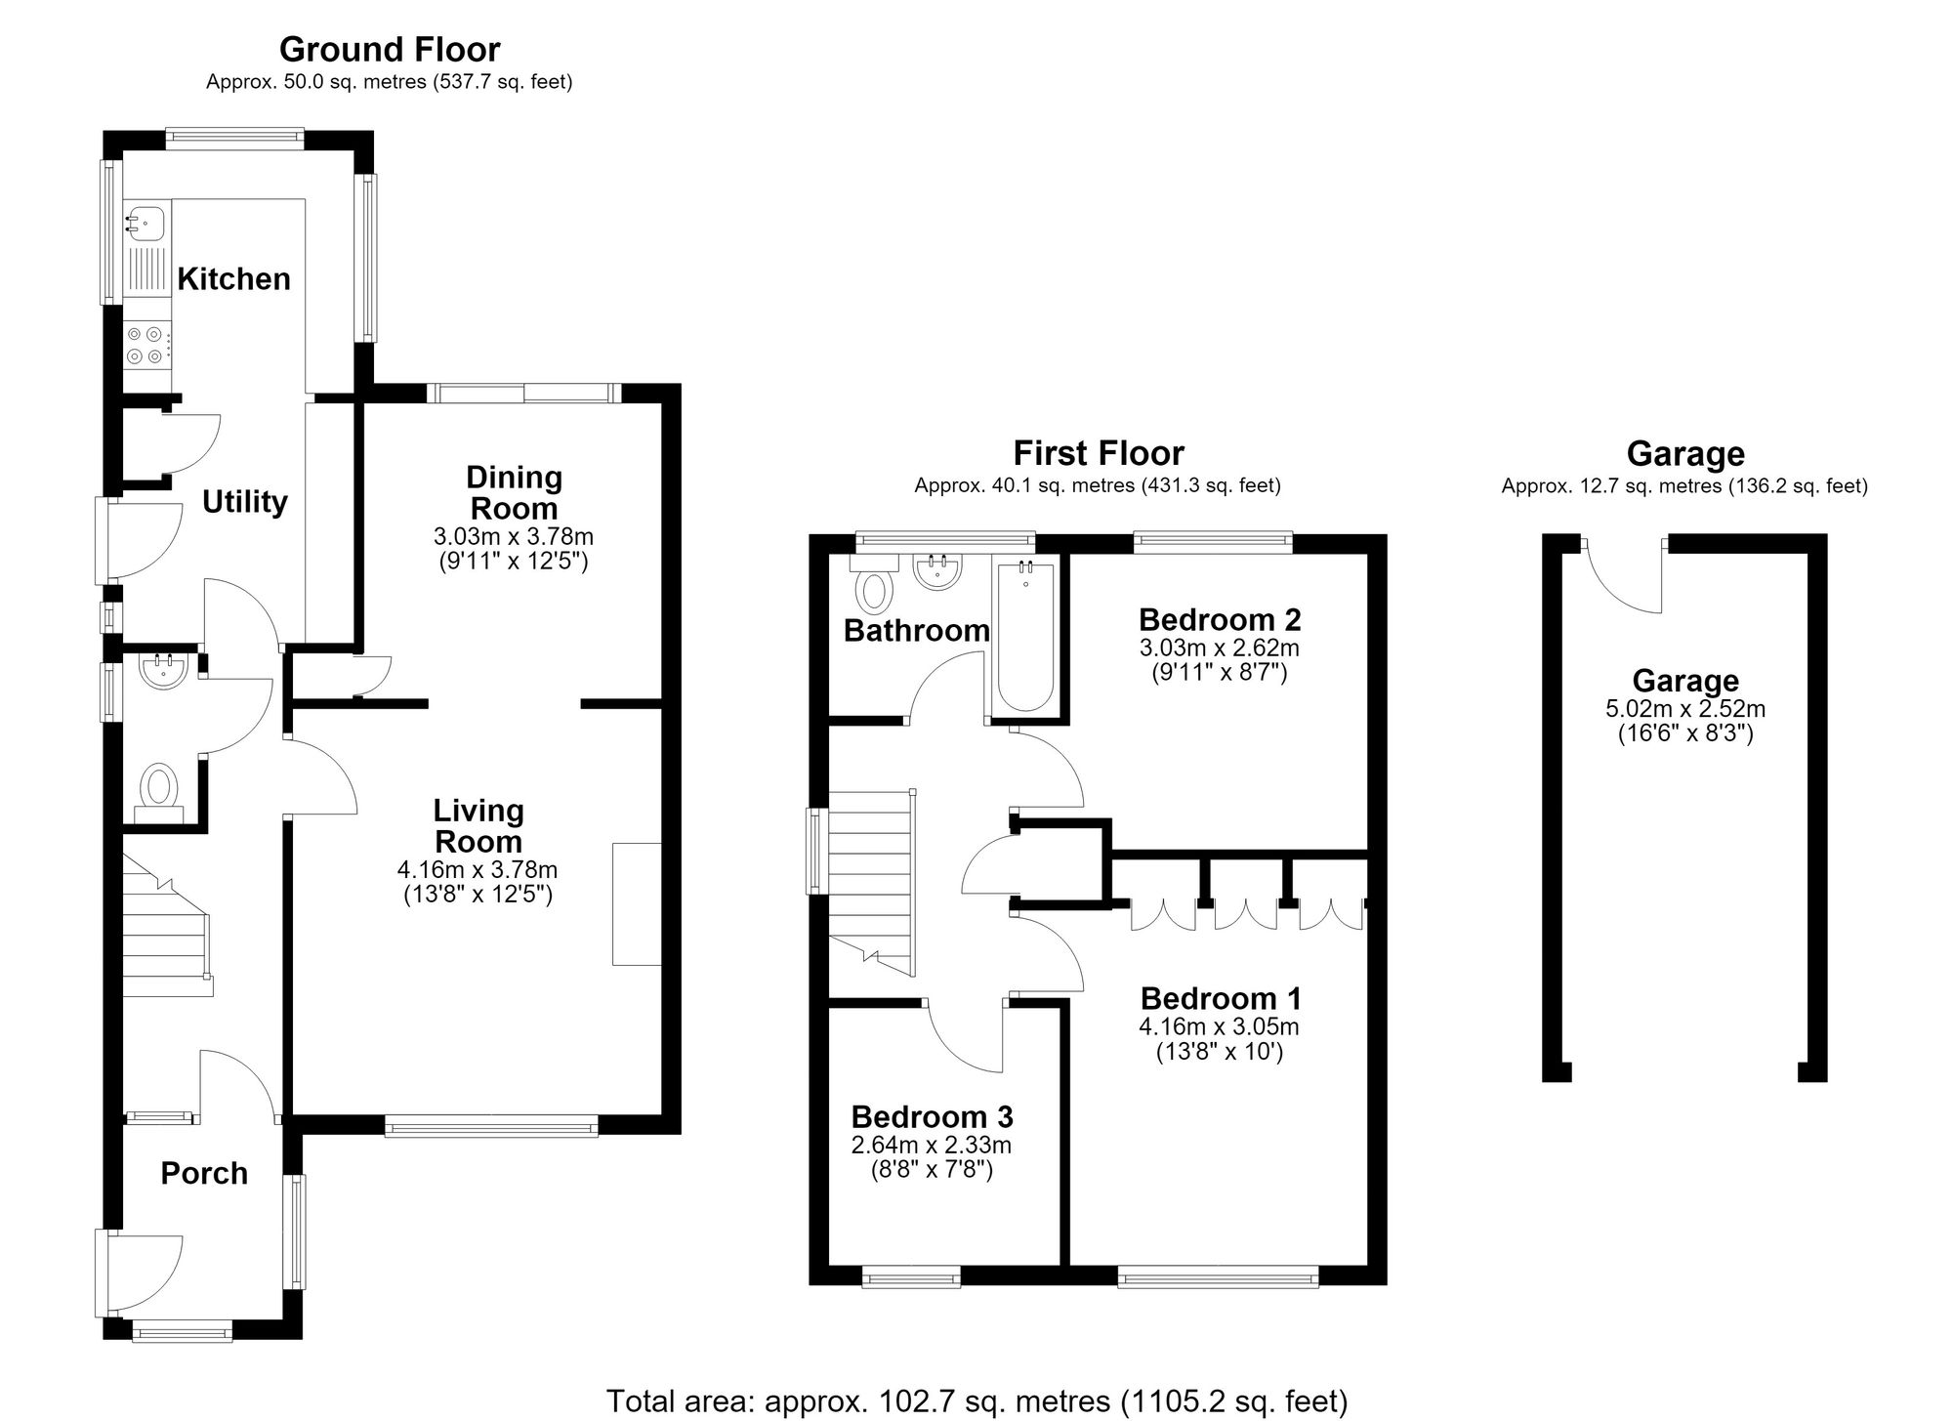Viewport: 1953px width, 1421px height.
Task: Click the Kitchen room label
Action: [233, 279]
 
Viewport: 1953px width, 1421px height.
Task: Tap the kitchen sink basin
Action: [140, 222]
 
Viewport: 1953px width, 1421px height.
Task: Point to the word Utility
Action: [244, 502]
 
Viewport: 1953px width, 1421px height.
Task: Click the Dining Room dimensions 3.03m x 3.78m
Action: [514, 536]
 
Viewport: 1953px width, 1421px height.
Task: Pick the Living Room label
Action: [478, 826]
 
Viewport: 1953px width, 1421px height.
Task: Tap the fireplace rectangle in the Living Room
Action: [637, 904]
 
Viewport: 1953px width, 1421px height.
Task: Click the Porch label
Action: [204, 1173]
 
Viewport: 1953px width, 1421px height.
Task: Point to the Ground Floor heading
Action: [390, 49]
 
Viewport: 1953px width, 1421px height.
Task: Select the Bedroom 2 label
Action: [1220, 620]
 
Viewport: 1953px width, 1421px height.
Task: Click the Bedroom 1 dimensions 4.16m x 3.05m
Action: [1219, 1026]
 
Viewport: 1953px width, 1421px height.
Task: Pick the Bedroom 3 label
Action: [932, 1116]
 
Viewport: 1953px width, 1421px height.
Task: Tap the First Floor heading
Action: [1099, 453]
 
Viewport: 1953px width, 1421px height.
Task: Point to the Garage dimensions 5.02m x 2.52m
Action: [1685, 709]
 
